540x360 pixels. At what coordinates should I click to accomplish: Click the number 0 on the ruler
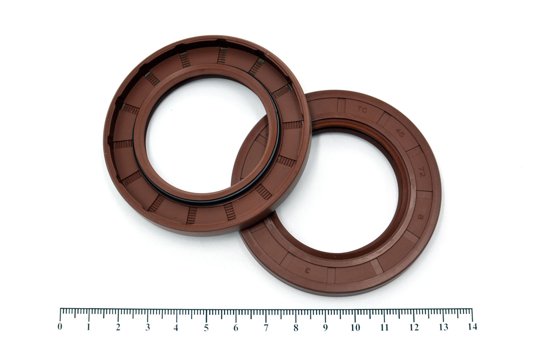(60, 327)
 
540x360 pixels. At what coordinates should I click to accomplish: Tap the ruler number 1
(89, 327)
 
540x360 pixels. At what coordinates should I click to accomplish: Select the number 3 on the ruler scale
(148, 327)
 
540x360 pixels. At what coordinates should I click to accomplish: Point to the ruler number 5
(206, 328)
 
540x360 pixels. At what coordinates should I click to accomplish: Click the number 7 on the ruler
(266, 328)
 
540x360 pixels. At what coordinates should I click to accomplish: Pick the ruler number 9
(325, 328)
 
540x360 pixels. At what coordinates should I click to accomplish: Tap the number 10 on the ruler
(355, 328)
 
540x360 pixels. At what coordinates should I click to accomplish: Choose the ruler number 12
(414, 327)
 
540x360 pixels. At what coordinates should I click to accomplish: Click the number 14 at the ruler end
(472, 327)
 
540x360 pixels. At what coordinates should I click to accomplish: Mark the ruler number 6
(236, 328)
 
